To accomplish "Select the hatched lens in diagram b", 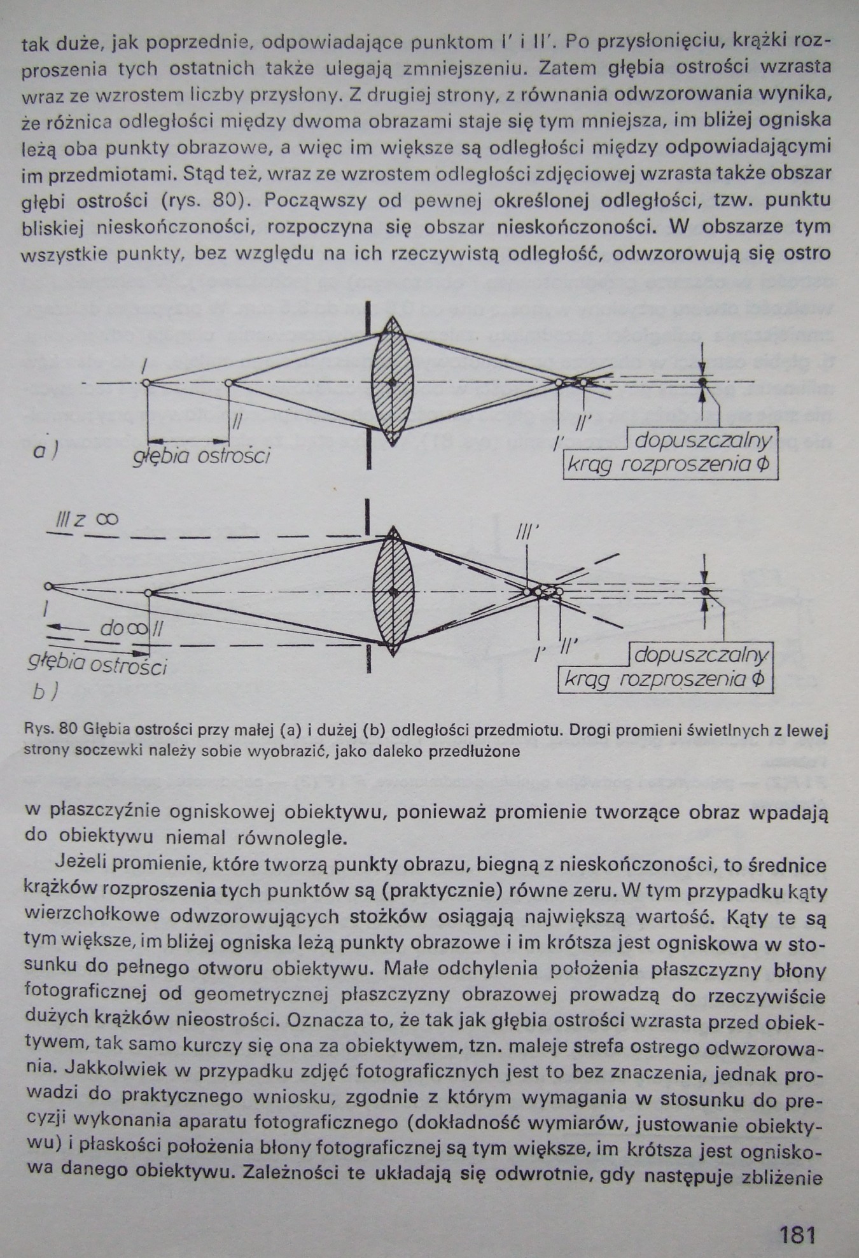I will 393,592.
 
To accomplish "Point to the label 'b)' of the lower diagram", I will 45,692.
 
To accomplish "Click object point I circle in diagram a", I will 146,383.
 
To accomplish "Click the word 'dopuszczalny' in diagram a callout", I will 703,440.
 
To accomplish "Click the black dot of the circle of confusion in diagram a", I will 702,382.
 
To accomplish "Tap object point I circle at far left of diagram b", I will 48,586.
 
